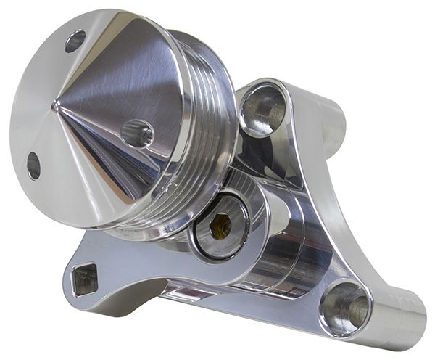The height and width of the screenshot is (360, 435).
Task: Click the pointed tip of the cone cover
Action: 56,107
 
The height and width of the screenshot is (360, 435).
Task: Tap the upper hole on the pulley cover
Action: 75,41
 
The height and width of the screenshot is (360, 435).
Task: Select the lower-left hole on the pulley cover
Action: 33,165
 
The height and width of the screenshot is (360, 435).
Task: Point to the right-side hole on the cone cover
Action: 137,134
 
